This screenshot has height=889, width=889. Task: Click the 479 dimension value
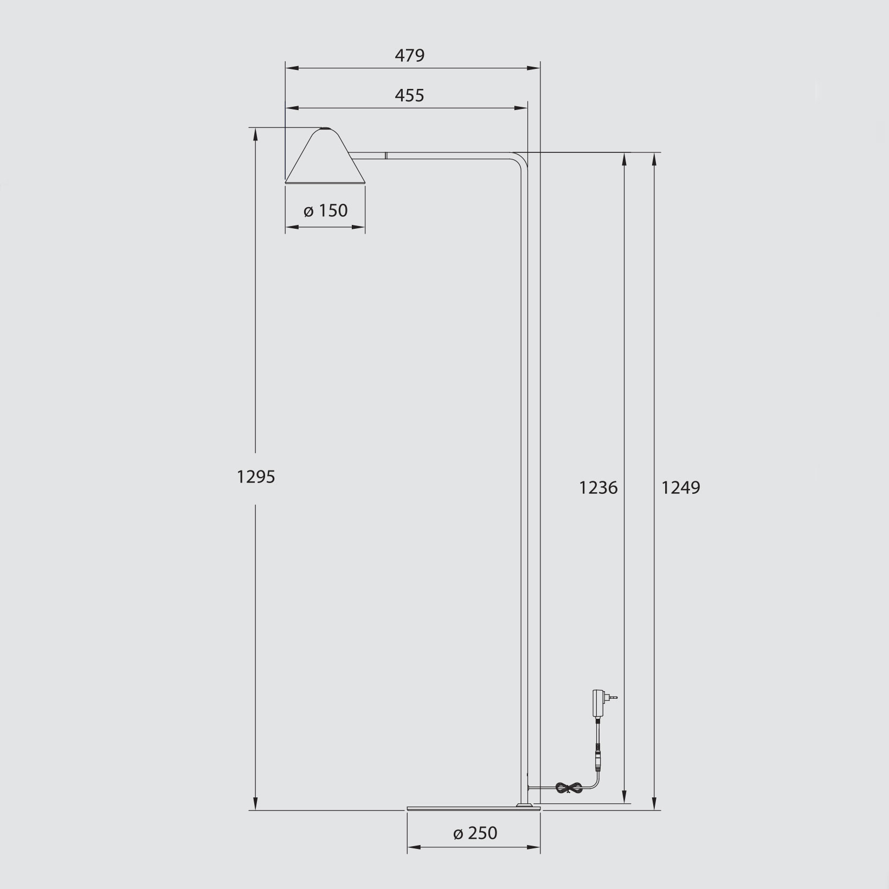click(409, 55)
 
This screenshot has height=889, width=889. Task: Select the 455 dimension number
click(409, 95)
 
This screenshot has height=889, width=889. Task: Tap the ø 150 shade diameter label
click(325, 210)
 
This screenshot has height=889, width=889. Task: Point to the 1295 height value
click(256, 477)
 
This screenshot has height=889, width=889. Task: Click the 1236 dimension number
click(598, 488)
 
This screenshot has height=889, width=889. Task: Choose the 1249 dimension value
click(681, 488)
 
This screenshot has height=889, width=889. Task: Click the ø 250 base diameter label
click(475, 833)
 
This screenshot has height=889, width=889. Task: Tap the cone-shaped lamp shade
click(325, 156)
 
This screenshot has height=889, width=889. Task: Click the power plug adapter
click(603, 702)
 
